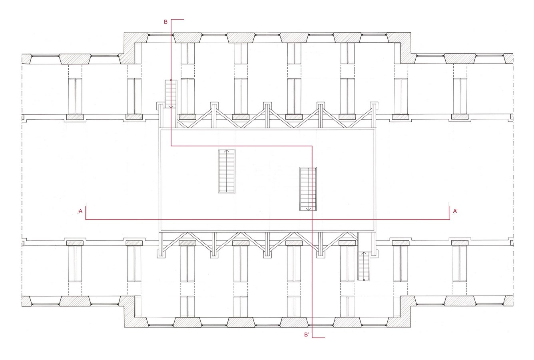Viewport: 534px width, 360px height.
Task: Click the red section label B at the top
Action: pyautogui.click(x=166, y=22)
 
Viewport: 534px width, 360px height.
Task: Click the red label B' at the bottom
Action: pyautogui.click(x=307, y=335)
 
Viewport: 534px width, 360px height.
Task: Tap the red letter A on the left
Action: pyautogui.click(x=81, y=211)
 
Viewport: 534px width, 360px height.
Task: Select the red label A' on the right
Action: pyautogui.click(x=455, y=211)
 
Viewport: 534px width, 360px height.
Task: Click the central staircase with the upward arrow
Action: pyautogui.click(x=227, y=171)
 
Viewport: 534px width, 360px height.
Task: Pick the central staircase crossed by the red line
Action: pyautogui.click(x=308, y=189)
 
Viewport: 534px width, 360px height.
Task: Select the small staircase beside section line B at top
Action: pyautogui.click(x=171, y=94)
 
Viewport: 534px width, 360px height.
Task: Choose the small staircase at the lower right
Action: pyautogui.click(x=364, y=266)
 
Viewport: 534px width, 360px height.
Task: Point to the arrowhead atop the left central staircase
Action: pyautogui.click(x=227, y=151)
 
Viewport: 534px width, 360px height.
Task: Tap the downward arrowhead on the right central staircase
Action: pyautogui.click(x=308, y=209)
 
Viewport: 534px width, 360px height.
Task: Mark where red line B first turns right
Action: pyautogui.click(x=171, y=146)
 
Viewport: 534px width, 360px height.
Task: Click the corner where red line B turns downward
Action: pyautogui.click(x=312, y=146)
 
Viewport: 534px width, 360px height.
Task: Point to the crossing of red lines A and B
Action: pyautogui.click(x=312, y=219)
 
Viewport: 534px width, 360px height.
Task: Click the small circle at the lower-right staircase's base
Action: pyautogui.click(x=364, y=280)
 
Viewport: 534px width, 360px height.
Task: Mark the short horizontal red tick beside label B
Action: pyautogui.click(x=177, y=19)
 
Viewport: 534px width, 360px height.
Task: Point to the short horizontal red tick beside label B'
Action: pyautogui.click(x=319, y=338)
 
